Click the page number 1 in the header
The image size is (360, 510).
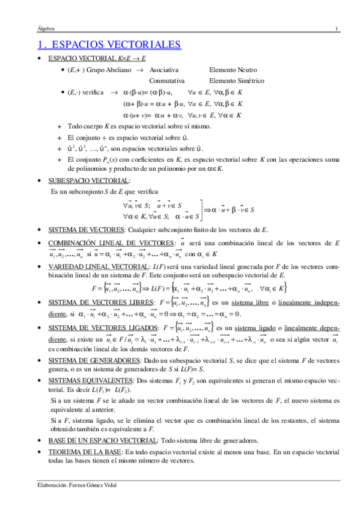(337, 28)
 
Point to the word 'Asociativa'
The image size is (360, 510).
(163, 70)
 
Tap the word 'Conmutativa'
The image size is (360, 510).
(166, 80)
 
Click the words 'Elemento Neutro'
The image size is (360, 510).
(231, 70)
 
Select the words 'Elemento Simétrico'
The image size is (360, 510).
(235, 80)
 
